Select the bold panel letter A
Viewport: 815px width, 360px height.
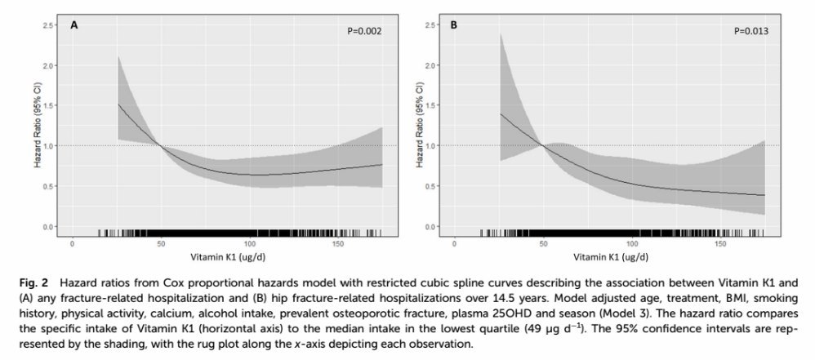tap(74, 25)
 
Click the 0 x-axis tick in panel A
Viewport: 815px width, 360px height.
tap(73, 243)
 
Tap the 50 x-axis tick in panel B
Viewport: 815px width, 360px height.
tap(540, 243)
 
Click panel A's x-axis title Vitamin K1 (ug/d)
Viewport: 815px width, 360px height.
tap(219, 256)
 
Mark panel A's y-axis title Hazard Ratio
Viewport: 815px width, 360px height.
tap(36, 127)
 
